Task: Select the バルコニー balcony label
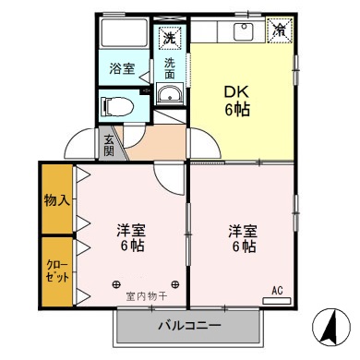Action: (x=188, y=325)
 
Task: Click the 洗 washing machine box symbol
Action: (x=169, y=38)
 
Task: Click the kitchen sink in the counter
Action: (x=244, y=32)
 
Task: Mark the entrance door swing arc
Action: (x=77, y=146)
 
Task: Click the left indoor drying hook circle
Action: (x=116, y=283)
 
